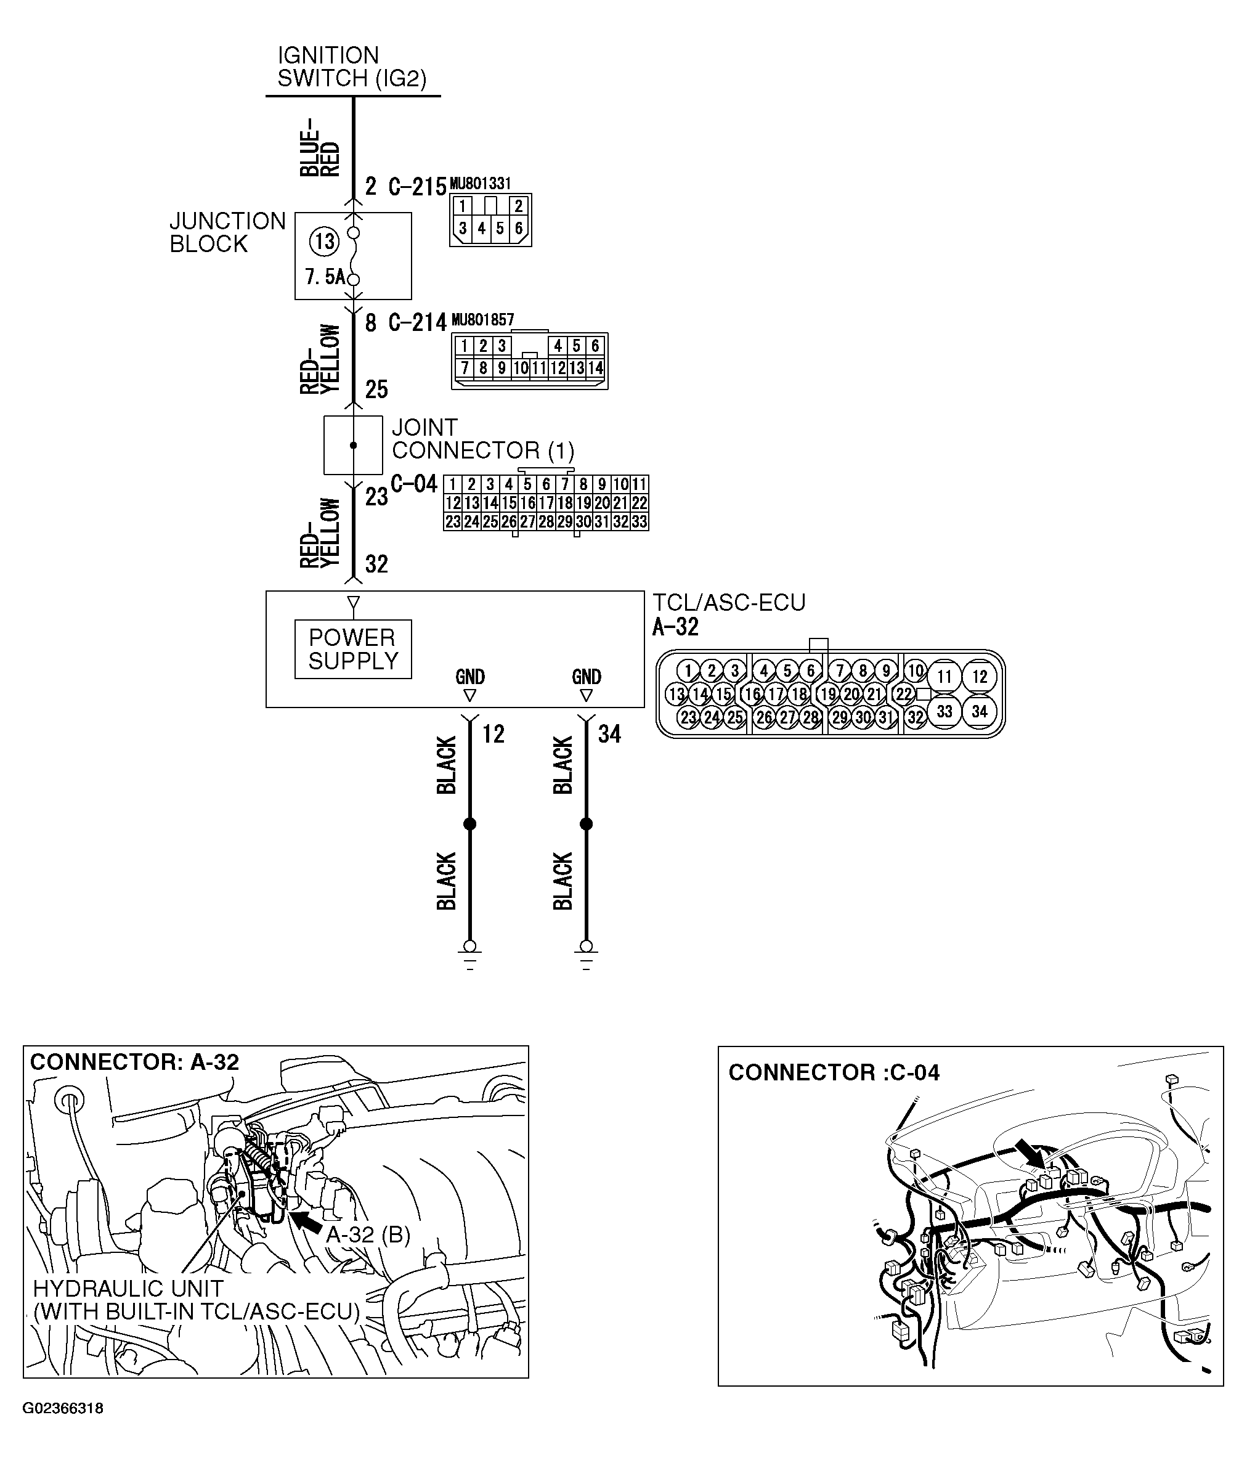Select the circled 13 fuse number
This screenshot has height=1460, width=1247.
[x=324, y=242]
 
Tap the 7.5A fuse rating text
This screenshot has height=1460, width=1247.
[x=325, y=277]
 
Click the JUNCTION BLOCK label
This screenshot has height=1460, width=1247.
[x=227, y=232]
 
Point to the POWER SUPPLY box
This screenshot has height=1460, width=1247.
[x=353, y=649]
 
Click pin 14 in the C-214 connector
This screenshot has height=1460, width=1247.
[x=595, y=368]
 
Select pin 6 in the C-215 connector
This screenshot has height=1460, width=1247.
[x=519, y=228]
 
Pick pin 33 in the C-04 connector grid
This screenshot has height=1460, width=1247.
[x=639, y=522]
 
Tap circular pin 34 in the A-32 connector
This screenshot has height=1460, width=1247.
[x=979, y=712]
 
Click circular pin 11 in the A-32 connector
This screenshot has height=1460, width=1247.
[x=944, y=677]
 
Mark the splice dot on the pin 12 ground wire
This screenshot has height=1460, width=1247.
[x=470, y=824]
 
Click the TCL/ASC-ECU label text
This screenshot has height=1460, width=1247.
[x=728, y=603]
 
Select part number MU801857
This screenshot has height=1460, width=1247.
[x=482, y=320]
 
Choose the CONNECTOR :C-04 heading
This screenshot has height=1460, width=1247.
[x=834, y=1072]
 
